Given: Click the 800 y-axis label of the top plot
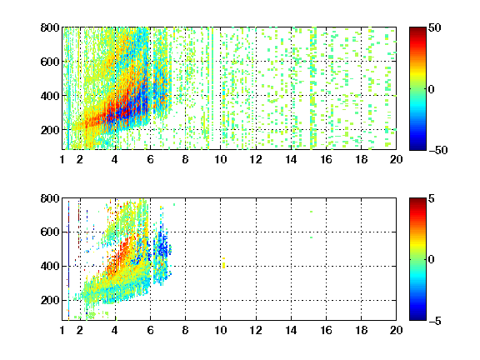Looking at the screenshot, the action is [50, 27].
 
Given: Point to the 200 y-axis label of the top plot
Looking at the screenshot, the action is [50, 130].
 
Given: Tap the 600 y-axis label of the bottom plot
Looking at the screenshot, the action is [50, 232].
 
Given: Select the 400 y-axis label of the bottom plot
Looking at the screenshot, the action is [50, 266].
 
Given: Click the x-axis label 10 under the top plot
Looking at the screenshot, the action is [220, 159].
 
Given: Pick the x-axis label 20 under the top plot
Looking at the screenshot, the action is [396, 159].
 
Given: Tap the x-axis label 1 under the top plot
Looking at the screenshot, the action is [62, 159].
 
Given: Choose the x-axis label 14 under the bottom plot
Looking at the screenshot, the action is [291, 330].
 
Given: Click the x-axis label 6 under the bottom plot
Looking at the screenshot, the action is [150, 330].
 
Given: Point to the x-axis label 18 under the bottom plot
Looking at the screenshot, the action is [361, 330].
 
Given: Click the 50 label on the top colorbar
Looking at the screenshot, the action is [435, 27].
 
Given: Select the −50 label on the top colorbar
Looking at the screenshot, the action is [438, 150].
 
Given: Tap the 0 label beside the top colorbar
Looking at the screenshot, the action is [432, 89].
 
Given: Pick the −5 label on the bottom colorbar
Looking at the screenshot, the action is [435, 321].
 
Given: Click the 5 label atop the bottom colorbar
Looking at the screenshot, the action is [432, 198].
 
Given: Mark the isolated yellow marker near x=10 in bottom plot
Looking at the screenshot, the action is [224, 263].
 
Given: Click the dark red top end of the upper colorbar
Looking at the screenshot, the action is [417, 30].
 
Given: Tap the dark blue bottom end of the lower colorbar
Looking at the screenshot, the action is [417, 317].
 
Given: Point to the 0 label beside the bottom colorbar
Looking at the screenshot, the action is [432, 260].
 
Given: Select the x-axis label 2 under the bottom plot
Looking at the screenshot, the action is [80, 330].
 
